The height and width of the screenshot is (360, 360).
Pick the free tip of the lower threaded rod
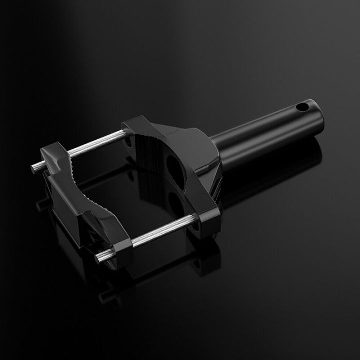coord(97,258)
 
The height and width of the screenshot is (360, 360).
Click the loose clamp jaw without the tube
coord(85,200)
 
